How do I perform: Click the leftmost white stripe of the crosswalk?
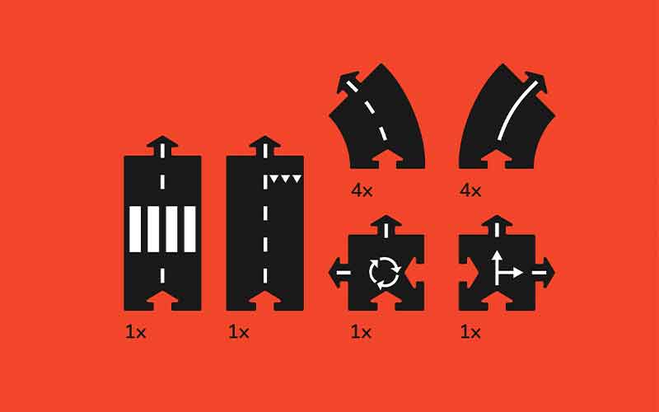pyautogui.click(x=135, y=229)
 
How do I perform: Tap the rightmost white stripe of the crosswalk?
pyautogui.click(x=190, y=229)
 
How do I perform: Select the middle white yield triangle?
pyautogui.click(x=286, y=179)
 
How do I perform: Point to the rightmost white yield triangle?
pyautogui.click(x=297, y=179)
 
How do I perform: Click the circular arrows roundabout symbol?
pyautogui.click(x=385, y=274)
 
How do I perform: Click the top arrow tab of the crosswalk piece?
pyautogui.click(x=162, y=146)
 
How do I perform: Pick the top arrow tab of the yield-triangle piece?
pyautogui.click(x=264, y=146)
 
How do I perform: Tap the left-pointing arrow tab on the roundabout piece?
pyautogui.click(x=339, y=273)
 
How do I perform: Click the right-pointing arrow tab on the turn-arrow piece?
pyautogui.click(x=544, y=273)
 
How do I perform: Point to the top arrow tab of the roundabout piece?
pyautogui.click(x=386, y=225)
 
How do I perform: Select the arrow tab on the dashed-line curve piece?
pyautogui.click(x=348, y=84)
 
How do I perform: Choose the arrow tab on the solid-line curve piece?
pyautogui.click(x=535, y=84)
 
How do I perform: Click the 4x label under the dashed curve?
pyautogui.click(x=362, y=191)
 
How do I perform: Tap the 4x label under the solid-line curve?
pyautogui.click(x=470, y=191)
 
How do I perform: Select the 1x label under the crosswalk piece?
pyautogui.click(x=136, y=333)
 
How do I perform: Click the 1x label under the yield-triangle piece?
pyautogui.click(x=239, y=333)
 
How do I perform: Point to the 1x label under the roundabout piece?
pyautogui.click(x=361, y=333)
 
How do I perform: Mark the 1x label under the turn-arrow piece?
pyautogui.click(x=470, y=333)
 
